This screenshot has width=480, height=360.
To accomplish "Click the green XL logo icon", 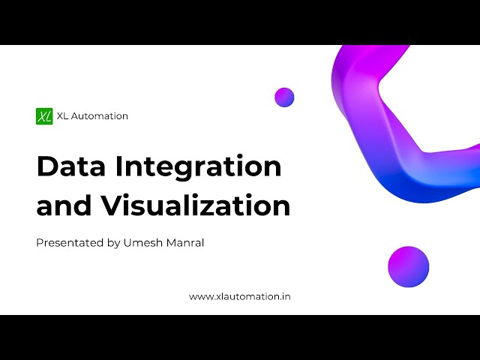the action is click(44, 116).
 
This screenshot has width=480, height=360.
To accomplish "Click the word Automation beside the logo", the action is click(100, 116).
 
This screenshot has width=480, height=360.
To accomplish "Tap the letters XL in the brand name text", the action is click(62, 116).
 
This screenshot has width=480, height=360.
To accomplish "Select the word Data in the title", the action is click(71, 166).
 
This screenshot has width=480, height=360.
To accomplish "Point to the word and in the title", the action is click(64, 204).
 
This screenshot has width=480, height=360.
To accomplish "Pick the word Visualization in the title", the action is click(195, 205).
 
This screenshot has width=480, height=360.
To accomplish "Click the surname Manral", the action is click(185, 243).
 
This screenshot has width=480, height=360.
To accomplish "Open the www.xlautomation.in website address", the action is click(240, 297).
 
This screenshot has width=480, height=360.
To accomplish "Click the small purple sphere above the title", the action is click(284, 97).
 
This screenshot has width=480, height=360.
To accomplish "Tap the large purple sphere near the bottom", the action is click(408, 267).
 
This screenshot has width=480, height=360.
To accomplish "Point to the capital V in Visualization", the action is click(112, 205).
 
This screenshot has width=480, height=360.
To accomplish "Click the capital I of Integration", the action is click(118, 166).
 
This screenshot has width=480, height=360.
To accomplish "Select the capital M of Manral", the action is click(172, 243).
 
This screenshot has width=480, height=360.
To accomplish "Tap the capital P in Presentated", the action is click(40, 243).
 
